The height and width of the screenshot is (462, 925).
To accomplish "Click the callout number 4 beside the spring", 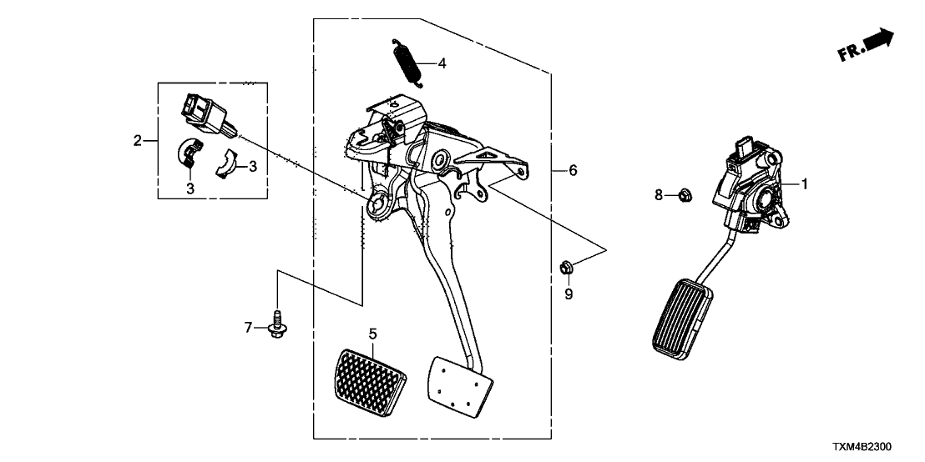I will pos(442,63).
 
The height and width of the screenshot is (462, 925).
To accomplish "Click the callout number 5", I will pos(372,334).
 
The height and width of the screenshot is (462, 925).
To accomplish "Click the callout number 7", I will pos(248,328).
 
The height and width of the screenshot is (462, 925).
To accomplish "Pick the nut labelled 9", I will pos(565,268).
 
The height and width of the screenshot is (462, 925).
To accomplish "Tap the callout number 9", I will pos(569,294).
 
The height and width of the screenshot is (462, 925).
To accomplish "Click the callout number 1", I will pos(805,183).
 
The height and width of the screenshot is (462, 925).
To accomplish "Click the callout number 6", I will pos(573,170).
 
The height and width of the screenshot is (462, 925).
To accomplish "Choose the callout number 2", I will pos(138,141).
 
